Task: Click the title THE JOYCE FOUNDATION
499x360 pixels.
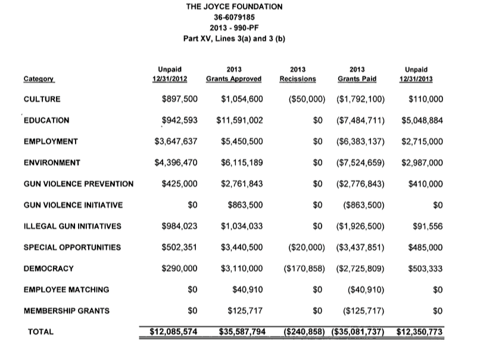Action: coord(234,7)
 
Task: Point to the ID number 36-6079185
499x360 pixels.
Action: coord(234,18)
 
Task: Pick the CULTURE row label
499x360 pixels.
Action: coord(42,99)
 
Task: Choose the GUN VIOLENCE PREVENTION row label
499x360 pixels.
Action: coord(79,184)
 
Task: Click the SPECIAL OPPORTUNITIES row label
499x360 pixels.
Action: coord(71,247)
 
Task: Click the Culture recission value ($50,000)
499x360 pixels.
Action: coord(306,99)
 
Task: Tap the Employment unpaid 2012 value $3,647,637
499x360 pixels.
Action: coord(176,141)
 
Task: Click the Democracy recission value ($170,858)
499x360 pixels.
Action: coord(304,269)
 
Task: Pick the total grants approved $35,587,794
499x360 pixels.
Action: coord(242,331)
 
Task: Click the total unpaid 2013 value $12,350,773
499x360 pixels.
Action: coord(420,331)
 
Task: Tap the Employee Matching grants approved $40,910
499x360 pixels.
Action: coord(246,290)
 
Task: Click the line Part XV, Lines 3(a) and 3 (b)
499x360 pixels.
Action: coord(234,39)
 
